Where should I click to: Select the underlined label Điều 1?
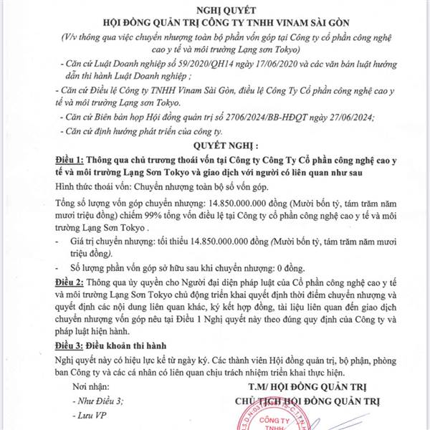(x=74, y=157)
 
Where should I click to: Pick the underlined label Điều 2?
(x=74, y=283)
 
